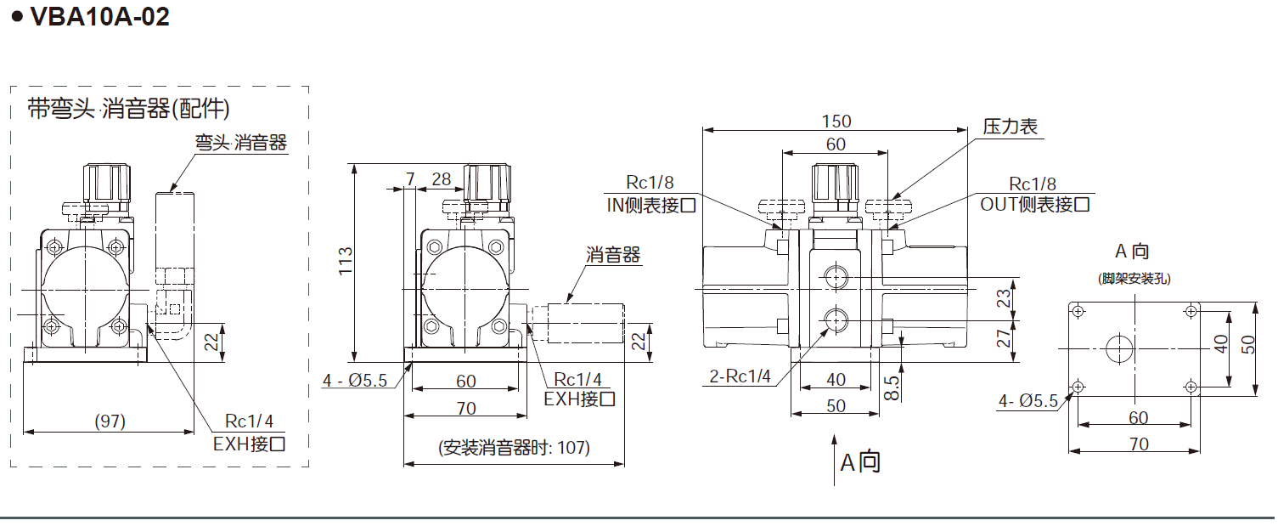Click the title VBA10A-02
pyautogui.click(x=99, y=17)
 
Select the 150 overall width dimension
pyautogui.click(x=836, y=121)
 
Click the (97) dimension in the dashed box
pyautogui.click(x=109, y=421)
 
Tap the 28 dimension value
pyautogui.click(x=442, y=178)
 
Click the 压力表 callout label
pyautogui.click(x=1011, y=127)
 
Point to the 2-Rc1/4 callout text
pyautogui.click(x=740, y=376)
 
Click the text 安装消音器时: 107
pyautogui.click(x=514, y=448)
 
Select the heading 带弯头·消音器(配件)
pyautogui.click(x=129, y=109)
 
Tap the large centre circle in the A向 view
pyautogui.click(x=1118, y=348)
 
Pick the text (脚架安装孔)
pyautogui.click(x=1132, y=278)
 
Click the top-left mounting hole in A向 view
pyautogui.click(x=1078, y=311)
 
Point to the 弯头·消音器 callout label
pyautogui.click(x=241, y=142)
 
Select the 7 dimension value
pyautogui.click(x=412, y=178)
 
